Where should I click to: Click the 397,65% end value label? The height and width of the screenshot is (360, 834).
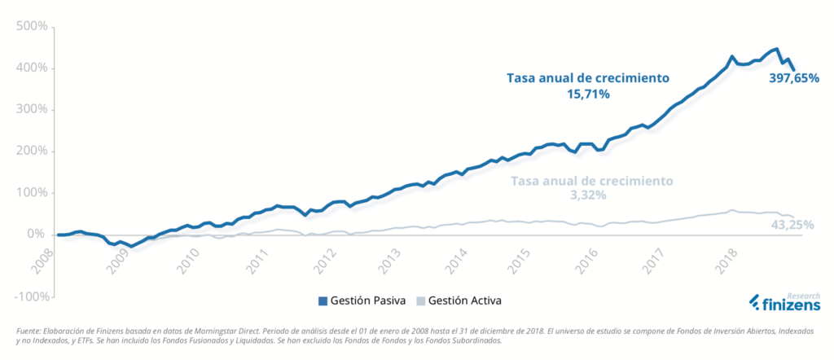coord(794,79)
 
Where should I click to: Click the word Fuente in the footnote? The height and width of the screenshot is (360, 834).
coord(29,330)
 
